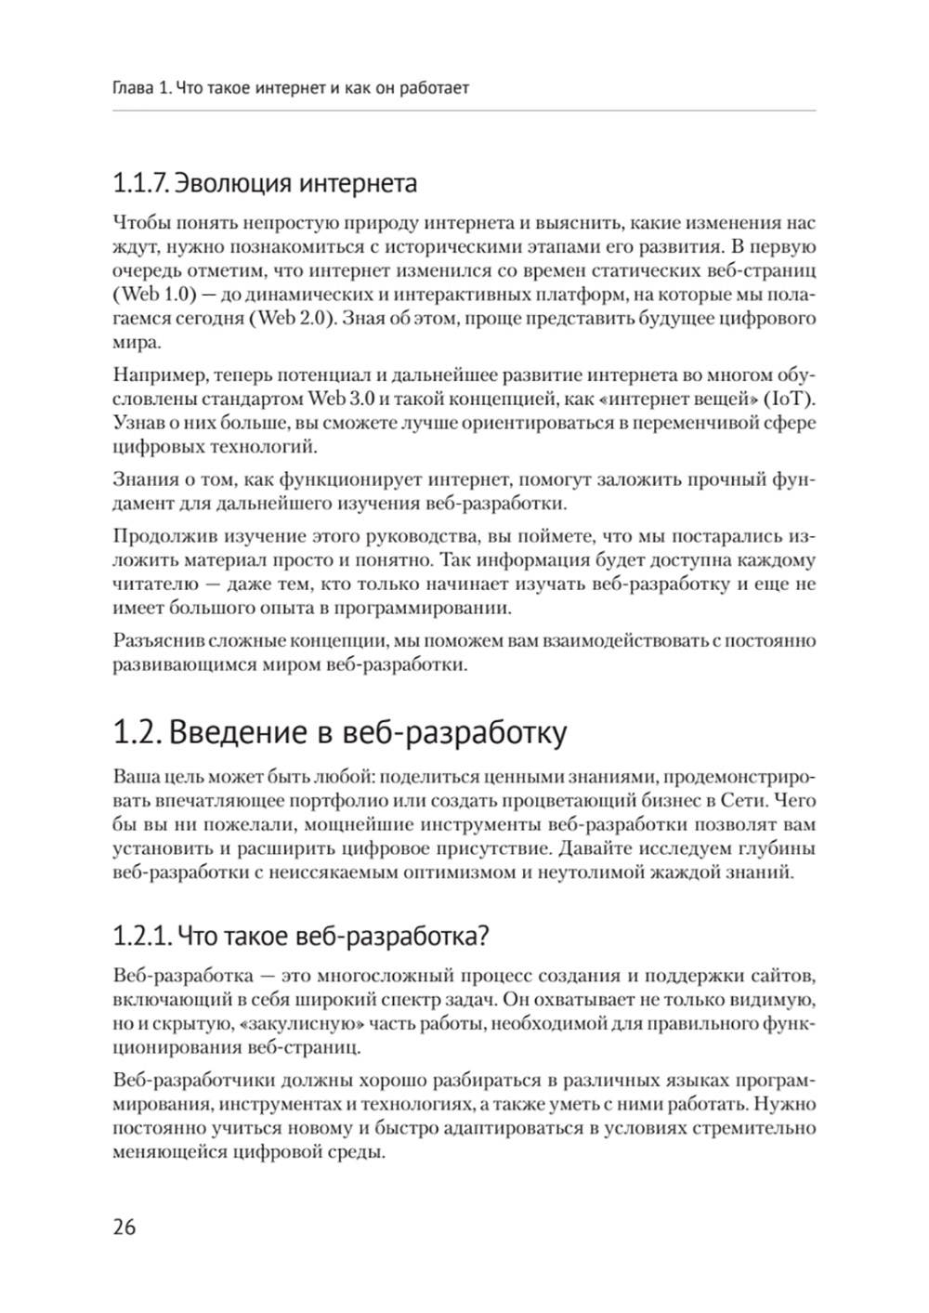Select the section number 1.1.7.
pyautogui.click(x=140, y=182)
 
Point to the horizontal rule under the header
pyautogui.click(x=464, y=112)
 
